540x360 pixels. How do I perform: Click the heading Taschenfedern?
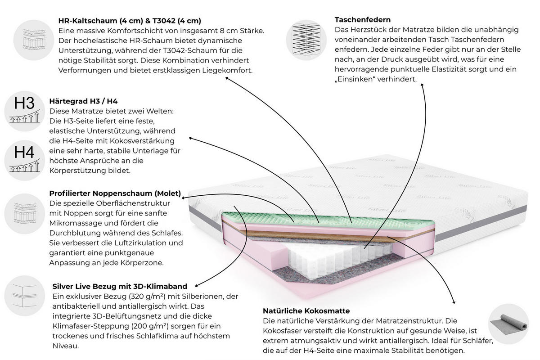363,20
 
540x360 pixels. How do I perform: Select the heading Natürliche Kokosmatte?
306,311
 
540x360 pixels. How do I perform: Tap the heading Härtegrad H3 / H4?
83,101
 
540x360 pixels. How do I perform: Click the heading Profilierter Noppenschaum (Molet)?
115,193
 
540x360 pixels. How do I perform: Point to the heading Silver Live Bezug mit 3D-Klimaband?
120,286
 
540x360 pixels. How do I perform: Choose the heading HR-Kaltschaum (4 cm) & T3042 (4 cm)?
130,21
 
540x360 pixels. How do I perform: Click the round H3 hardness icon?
25,111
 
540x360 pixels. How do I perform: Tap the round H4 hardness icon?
25,160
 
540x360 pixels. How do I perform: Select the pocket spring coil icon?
306,40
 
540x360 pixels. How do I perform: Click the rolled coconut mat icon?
508,324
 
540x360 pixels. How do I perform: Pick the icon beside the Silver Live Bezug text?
25,296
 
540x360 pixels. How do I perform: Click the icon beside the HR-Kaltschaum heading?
34,40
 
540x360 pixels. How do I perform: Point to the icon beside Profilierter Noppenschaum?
25,214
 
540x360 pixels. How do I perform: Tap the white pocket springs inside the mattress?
337,258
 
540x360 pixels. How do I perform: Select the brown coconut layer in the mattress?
337,235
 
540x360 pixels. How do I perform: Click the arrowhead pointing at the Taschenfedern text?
422,85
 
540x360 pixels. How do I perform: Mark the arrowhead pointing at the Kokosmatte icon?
454,302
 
